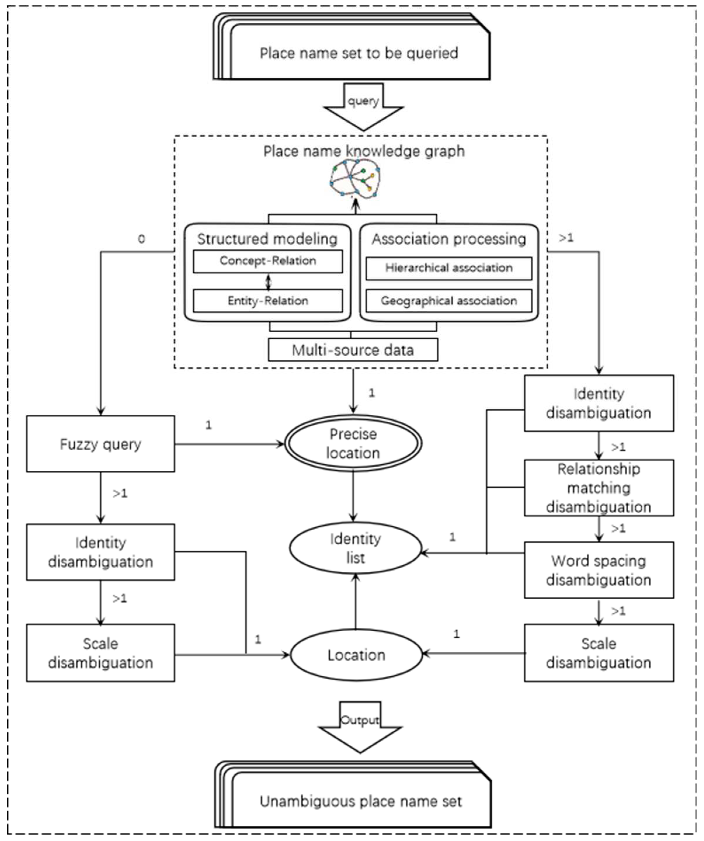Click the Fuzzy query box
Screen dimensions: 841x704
coord(100,444)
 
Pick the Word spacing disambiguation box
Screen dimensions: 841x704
coord(599,570)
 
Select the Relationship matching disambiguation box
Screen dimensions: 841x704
coord(599,488)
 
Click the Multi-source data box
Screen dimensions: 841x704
coord(353,350)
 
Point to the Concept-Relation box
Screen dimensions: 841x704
coord(267,261)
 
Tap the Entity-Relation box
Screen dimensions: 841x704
coord(267,301)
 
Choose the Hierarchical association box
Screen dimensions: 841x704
coord(449,268)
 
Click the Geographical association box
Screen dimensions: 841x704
coord(449,301)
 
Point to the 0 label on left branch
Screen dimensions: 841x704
coord(141,239)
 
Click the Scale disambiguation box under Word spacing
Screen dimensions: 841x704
coord(599,653)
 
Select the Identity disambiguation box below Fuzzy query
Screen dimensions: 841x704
coord(100,552)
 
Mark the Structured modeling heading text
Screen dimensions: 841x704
coord(267,239)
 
